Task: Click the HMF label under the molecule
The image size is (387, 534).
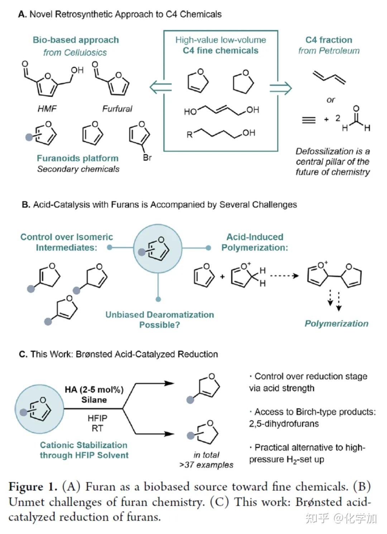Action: pyautogui.click(x=47, y=109)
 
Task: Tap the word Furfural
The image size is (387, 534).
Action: pyautogui.click(x=117, y=109)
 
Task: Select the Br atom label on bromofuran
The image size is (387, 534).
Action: pyautogui.click(x=147, y=157)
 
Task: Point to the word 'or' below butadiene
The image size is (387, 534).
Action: pyautogui.click(x=330, y=100)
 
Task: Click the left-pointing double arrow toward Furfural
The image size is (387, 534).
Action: pyautogui.click(x=161, y=87)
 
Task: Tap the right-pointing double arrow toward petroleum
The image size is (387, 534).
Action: pyautogui.click(x=281, y=89)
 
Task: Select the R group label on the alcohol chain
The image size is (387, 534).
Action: pyautogui.click(x=190, y=135)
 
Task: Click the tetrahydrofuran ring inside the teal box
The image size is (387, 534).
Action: pyautogui.click(x=243, y=81)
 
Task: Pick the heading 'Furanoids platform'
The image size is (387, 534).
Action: pyautogui.click(x=78, y=158)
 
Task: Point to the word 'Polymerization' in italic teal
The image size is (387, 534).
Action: pyautogui.click(x=336, y=323)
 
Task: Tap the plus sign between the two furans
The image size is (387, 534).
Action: pyautogui.click(x=222, y=277)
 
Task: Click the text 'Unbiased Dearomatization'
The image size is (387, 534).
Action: pyautogui.click(x=159, y=315)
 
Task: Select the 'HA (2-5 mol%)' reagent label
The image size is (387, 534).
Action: pyautogui.click(x=94, y=390)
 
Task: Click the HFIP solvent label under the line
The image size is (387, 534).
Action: pyautogui.click(x=97, y=418)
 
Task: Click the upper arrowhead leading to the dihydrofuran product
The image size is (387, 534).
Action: pyautogui.click(x=169, y=383)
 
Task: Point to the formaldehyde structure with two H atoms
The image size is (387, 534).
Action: pyautogui.click(x=356, y=119)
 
